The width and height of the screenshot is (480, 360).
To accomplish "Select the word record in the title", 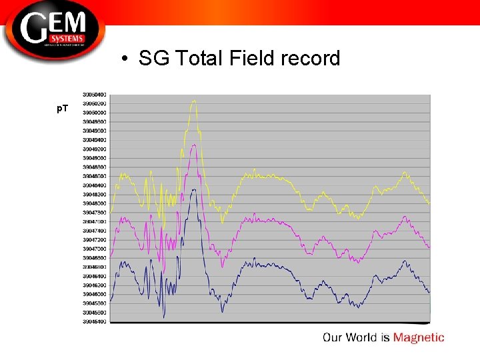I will (x=310, y=59).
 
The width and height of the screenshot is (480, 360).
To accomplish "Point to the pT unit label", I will (x=62, y=108).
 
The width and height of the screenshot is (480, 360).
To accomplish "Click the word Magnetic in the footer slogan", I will (x=418, y=337).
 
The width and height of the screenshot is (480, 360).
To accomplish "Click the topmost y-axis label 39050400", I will (x=94, y=95).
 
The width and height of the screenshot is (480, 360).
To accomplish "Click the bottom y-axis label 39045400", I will (x=94, y=321).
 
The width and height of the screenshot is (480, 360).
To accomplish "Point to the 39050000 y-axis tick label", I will (x=94, y=113).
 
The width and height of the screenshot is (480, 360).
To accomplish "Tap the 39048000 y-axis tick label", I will (x=94, y=203).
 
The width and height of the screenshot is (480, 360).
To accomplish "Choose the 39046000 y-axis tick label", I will (x=94, y=294).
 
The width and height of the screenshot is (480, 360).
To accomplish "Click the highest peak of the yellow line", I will (x=193, y=101).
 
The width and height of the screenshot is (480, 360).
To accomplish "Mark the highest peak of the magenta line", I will (x=193, y=145).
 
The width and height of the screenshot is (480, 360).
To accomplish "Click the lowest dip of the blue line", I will (x=163, y=317).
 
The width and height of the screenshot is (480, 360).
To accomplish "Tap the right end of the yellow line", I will (x=429, y=203).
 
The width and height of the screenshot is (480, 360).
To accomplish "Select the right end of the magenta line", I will (x=429, y=247).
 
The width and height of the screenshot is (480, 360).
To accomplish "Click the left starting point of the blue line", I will (x=111, y=301).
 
